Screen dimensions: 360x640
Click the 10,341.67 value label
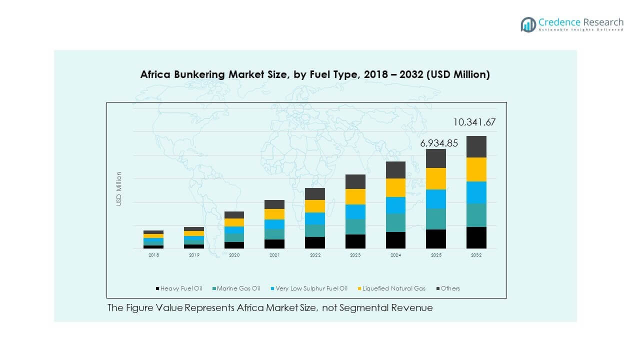[474, 122]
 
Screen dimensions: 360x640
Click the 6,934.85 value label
[439, 143]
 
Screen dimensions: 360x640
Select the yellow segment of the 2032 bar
[476, 169]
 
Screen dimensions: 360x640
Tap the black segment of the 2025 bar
[435, 239]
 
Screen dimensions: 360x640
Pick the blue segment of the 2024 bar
[395, 205]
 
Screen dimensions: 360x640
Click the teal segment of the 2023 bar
[355, 226]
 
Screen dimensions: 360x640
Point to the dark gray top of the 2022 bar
[315, 194]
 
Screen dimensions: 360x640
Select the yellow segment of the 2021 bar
[274, 214]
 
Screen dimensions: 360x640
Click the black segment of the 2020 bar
[234, 245]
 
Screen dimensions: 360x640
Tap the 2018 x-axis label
[153, 255]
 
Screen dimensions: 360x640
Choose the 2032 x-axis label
[476, 255]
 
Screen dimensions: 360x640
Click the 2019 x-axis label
[194, 255]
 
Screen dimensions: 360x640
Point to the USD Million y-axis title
[119, 188]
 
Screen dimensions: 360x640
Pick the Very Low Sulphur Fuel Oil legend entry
[308, 288]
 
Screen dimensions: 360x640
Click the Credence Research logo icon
[528, 24]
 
